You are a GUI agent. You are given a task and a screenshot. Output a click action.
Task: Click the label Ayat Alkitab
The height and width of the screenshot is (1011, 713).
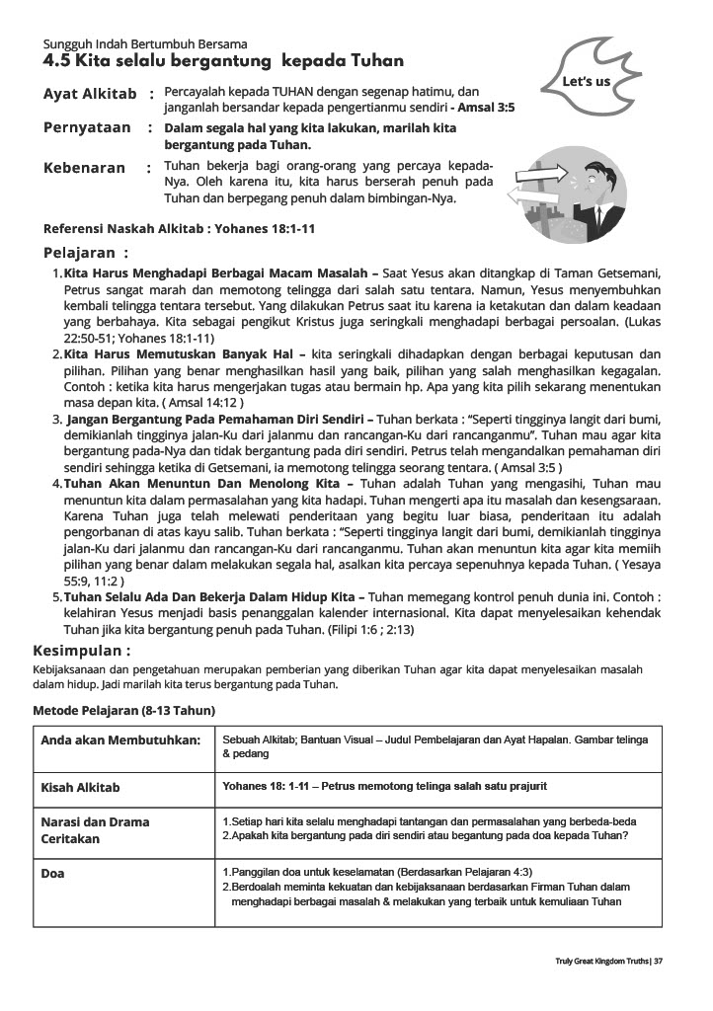(89, 94)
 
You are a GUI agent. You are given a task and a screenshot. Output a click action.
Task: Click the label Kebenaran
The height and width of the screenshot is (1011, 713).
(84, 168)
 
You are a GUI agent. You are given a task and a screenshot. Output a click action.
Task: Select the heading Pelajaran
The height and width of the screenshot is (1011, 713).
(86, 253)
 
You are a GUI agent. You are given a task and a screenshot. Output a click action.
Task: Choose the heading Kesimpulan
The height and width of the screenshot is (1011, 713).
(82, 652)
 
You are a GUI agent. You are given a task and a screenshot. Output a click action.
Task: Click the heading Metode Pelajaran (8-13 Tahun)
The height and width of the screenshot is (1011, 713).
(124, 710)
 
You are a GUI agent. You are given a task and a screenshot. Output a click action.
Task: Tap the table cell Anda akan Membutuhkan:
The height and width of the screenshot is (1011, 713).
(120, 740)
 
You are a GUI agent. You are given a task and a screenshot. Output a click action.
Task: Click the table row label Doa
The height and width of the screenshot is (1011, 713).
(52, 874)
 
